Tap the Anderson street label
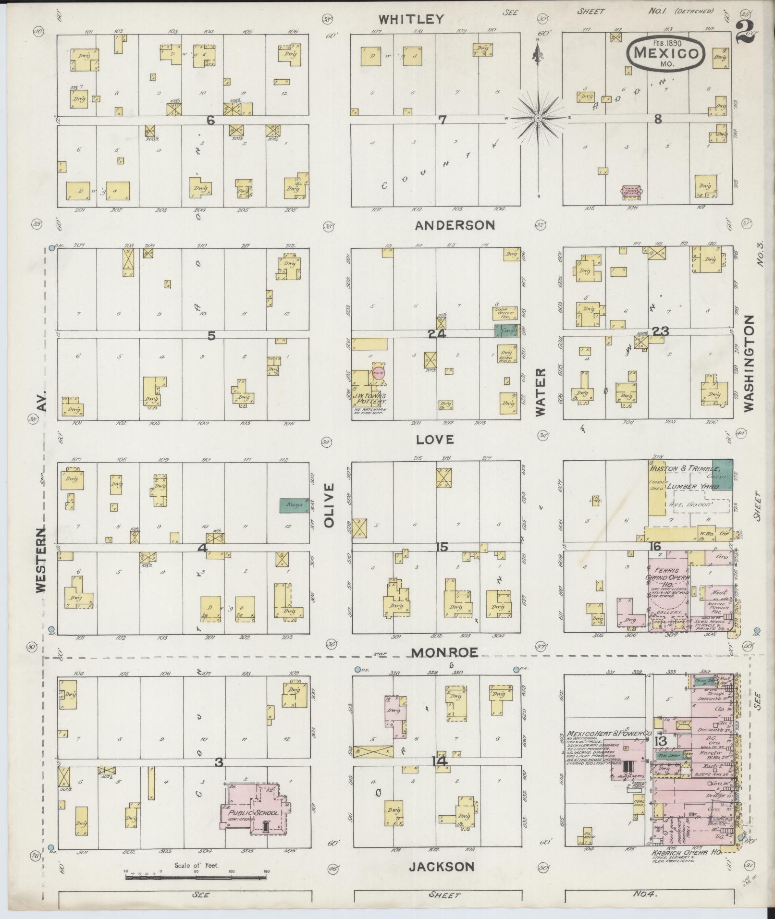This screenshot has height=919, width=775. pyautogui.click(x=455, y=225)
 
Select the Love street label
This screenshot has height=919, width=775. pyautogui.click(x=435, y=439)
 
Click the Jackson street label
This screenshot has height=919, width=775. pyautogui.click(x=442, y=866)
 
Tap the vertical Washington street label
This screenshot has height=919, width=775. pyautogui.click(x=749, y=363)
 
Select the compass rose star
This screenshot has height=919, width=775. pyautogui.click(x=539, y=118)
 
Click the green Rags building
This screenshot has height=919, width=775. pyautogui.click(x=295, y=505)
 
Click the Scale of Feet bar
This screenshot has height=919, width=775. pyautogui.click(x=196, y=877)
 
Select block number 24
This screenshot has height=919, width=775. pyautogui.click(x=438, y=333)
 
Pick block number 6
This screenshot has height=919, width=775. pyautogui.click(x=210, y=121)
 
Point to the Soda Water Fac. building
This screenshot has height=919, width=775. pyautogui.click(x=505, y=313)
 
